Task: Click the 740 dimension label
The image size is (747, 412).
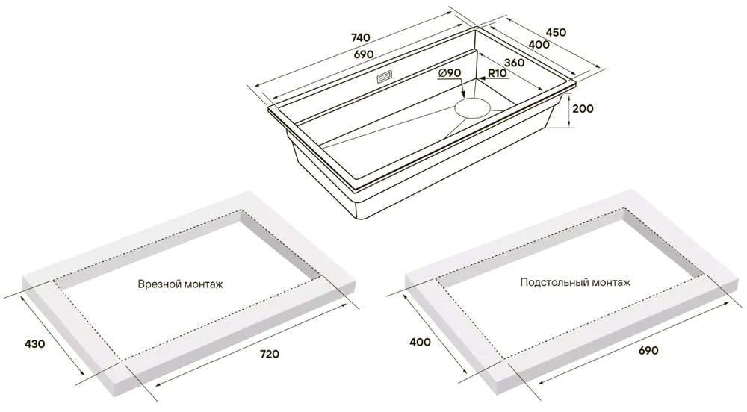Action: [361, 38]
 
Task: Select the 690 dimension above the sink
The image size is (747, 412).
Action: [364, 54]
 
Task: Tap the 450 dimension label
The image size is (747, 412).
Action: [556, 32]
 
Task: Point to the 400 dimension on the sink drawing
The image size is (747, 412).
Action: [539, 45]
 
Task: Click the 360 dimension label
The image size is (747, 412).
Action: [515, 63]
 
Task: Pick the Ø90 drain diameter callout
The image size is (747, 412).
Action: [448, 73]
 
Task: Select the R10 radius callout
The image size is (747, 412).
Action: [498, 74]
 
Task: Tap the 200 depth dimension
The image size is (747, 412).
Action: [583, 109]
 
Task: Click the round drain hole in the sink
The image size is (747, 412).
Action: [471, 107]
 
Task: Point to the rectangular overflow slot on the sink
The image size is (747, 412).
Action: [385, 77]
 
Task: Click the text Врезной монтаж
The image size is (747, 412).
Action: [181, 284]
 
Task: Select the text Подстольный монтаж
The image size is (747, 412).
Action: [575, 283]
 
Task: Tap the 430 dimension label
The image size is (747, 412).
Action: [34, 343]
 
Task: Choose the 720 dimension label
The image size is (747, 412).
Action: [269, 354]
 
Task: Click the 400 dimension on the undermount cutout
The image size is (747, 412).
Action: [420, 342]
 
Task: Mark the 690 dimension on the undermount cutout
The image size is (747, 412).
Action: [648, 351]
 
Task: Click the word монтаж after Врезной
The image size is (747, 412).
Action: [203, 284]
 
